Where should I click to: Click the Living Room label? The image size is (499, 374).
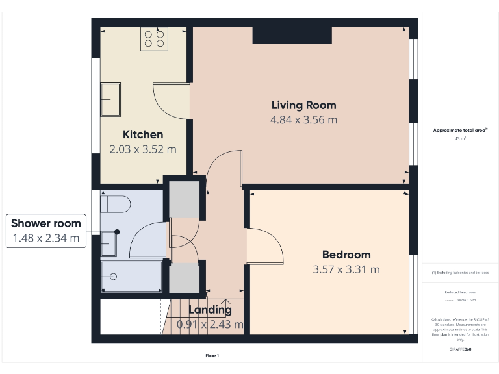[x=303, y=105]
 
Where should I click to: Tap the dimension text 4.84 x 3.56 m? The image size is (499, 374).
[x=303, y=120]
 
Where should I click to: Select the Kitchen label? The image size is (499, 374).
[x=143, y=134]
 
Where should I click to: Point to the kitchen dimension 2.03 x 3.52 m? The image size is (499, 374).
[x=143, y=149]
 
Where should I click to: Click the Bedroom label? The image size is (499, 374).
[x=346, y=255]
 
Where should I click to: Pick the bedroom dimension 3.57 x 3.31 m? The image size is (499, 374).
[x=346, y=269]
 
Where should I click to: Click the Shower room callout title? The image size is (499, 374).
[x=46, y=223]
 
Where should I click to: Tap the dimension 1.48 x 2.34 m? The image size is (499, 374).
[x=46, y=238]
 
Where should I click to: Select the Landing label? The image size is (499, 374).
[x=210, y=310]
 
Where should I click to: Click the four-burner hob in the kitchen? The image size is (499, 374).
[x=154, y=38]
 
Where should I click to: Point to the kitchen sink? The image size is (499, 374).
[x=110, y=99]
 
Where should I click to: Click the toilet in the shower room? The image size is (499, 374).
[x=115, y=205]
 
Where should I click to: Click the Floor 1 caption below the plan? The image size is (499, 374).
[x=212, y=355]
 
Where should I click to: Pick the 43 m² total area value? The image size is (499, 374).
[x=460, y=139]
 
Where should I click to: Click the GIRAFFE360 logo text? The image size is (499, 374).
[x=460, y=349]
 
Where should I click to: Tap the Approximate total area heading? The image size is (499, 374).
[x=460, y=131]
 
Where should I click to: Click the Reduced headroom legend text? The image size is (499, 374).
[x=460, y=292]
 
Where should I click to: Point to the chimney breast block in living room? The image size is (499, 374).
[x=292, y=35]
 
